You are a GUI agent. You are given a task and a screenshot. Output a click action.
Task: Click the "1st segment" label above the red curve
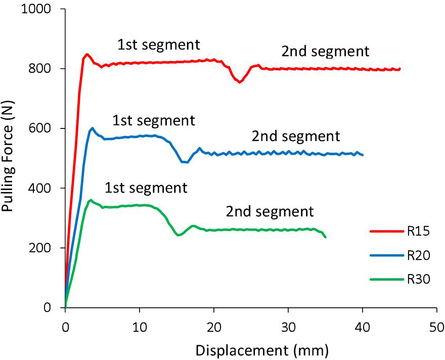click(159, 44)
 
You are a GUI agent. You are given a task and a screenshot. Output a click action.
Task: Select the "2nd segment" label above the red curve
click(326, 51)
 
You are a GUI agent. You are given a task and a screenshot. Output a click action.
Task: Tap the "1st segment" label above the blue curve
click(153, 121)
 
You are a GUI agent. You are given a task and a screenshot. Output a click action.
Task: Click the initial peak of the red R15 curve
click(87, 54)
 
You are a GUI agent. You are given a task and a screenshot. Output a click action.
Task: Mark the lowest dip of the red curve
click(240, 82)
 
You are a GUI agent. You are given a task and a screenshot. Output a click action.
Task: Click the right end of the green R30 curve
click(325, 237)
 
